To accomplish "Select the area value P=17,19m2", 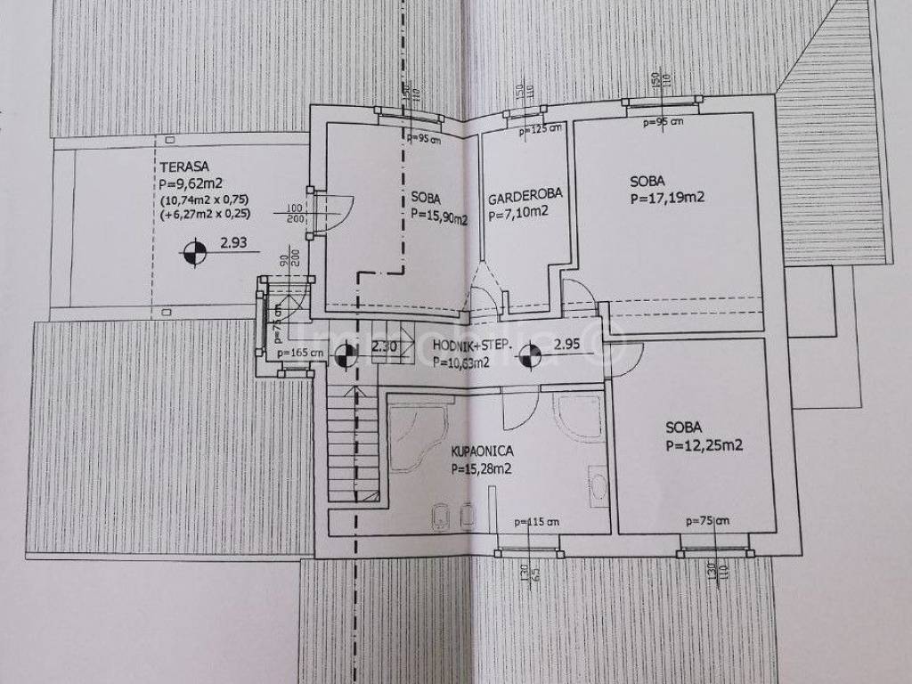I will point(667,198).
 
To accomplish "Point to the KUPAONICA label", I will point(483,452).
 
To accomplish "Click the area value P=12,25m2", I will point(704,446).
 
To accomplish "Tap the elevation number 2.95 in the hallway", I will point(567,345).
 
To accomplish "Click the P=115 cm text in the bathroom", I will point(536,522).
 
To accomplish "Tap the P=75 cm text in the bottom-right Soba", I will point(707,521).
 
